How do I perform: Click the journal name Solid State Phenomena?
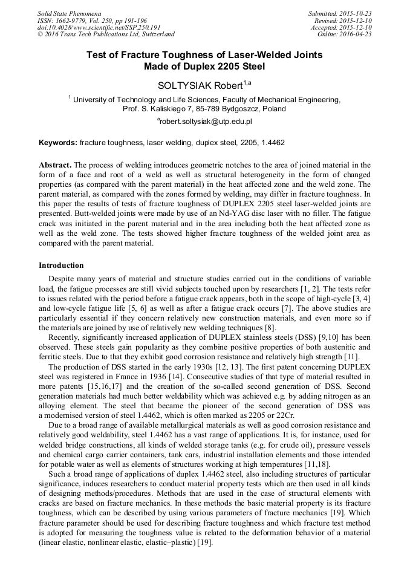pos(69,13)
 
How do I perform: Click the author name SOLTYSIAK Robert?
pos(200,86)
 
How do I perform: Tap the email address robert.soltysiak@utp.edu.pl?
pos(204,121)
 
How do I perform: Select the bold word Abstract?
pos(55,165)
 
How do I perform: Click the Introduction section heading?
pos(61,265)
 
